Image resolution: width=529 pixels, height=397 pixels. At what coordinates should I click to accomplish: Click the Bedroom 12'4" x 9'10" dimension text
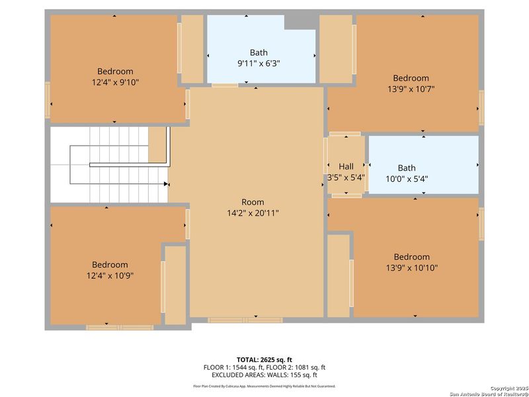115,82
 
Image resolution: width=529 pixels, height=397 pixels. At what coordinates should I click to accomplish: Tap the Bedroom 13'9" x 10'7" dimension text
411,88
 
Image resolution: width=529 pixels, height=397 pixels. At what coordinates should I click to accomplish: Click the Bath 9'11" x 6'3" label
259,63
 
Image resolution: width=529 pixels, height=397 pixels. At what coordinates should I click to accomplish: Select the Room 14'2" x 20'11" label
253,213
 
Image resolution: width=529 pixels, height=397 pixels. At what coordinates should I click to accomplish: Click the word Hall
346,167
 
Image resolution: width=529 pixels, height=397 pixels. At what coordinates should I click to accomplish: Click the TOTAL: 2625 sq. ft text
264,359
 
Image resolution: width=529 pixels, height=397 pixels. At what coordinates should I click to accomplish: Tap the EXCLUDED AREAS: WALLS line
264,374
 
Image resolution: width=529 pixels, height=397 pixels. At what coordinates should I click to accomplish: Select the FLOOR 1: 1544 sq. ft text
232,367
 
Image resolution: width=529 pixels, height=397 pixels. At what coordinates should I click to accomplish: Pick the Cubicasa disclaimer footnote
264,386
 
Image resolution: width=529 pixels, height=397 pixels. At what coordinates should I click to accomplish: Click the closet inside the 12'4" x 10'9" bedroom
175,285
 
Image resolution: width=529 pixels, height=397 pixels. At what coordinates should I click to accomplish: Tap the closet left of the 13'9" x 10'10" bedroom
338,275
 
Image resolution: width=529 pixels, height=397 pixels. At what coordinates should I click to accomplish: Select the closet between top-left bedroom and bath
192,49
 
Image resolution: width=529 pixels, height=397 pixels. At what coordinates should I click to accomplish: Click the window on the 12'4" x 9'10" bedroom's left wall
47,100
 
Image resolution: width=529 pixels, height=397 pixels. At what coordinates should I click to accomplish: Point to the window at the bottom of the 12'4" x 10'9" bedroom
120,327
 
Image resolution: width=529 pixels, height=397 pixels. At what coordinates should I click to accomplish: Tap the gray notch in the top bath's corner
300,22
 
